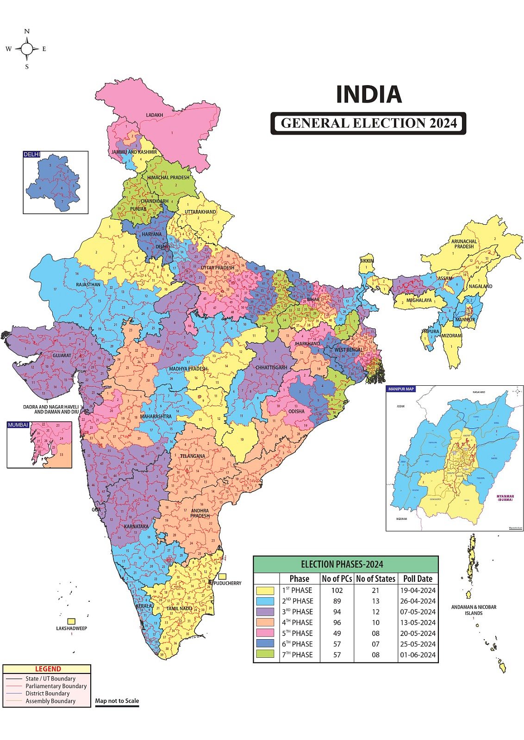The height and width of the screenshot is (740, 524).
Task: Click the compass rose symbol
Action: point(27,49)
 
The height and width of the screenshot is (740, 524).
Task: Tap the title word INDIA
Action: point(368,94)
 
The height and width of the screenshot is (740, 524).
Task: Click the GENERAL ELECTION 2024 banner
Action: point(368,123)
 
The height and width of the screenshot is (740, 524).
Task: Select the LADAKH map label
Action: point(155,115)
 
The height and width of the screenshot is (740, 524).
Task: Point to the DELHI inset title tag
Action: point(32,154)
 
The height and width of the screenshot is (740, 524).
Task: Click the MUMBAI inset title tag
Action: point(18,425)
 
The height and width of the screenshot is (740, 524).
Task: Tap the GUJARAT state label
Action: point(62,356)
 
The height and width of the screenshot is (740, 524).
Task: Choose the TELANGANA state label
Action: point(193,456)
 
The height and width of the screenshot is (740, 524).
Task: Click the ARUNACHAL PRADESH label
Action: point(464,244)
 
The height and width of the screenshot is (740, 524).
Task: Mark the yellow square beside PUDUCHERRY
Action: point(223,577)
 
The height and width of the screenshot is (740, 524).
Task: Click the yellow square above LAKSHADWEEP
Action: point(71,621)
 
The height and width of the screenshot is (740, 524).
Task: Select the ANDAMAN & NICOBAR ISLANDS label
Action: point(474,610)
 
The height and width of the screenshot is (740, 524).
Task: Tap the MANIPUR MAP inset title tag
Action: point(401,389)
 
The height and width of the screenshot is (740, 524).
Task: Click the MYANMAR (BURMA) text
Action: point(505,498)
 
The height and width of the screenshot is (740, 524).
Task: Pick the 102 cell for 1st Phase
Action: point(337,590)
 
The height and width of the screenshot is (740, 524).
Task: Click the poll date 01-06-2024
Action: point(418,654)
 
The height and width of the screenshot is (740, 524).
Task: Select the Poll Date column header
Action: point(418,579)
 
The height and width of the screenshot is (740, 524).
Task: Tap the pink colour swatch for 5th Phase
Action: point(266,633)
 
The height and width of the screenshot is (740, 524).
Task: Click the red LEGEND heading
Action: point(48,669)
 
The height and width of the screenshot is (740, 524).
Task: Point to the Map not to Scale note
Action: point(117,701)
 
